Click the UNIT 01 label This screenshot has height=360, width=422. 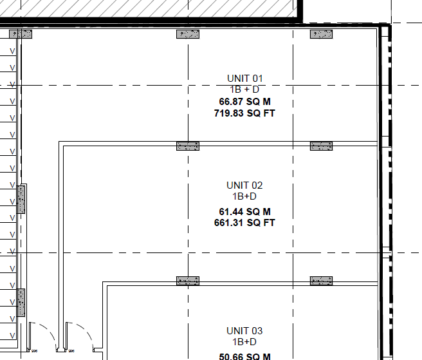[244, 79]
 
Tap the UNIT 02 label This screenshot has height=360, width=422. [244, 185]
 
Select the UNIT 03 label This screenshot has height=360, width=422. [244, 330]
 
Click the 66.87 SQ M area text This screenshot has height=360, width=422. [244, 102]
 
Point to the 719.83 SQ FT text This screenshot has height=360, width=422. [244, 113]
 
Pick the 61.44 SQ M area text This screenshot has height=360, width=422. [244, 211]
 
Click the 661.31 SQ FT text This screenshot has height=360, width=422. [244, 223]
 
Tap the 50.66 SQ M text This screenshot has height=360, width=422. [244, 356]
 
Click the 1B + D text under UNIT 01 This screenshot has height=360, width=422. [244, 90]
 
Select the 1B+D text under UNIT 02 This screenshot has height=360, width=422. [244, 196]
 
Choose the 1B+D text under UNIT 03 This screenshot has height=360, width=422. [244, 342]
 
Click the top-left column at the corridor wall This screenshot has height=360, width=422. [21, 34]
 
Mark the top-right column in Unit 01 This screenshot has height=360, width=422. [322, 34]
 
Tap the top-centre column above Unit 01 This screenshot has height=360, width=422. [188, 34]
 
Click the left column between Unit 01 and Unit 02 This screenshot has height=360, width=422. [188, 146]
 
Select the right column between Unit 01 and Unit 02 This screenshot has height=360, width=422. [322, 146]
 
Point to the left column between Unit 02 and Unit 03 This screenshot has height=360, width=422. [188, 281]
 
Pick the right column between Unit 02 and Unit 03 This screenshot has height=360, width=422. [322, 281]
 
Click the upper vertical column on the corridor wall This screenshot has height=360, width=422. [21, 200]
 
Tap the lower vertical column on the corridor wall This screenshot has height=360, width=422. [21, 303]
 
